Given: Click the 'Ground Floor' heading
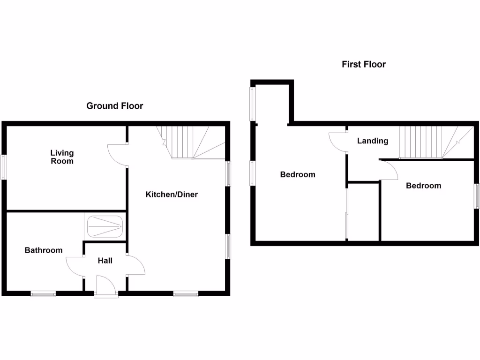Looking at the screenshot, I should tap(114, 106).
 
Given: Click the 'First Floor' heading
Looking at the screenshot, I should tap(363, 64).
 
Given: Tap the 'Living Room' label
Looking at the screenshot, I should tap(62, 157).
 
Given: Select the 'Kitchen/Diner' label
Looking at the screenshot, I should tap(172, 194).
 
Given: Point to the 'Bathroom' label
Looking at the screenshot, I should tap(44, 250).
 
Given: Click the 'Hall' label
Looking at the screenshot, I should tap(105, 260).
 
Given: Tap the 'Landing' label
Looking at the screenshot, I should tap(373, 141).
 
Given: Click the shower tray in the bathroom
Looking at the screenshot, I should tap(105, 226).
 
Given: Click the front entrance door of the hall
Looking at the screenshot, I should tap(105, 285).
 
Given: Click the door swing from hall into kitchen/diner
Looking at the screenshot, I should tap(136, 265).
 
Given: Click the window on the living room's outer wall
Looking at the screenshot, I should tap(4, 167).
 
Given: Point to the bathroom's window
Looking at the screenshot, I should tap(43, 294).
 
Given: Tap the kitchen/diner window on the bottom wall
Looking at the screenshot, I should tap(186, 294).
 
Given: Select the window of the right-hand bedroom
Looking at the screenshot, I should tap(477, 195).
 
